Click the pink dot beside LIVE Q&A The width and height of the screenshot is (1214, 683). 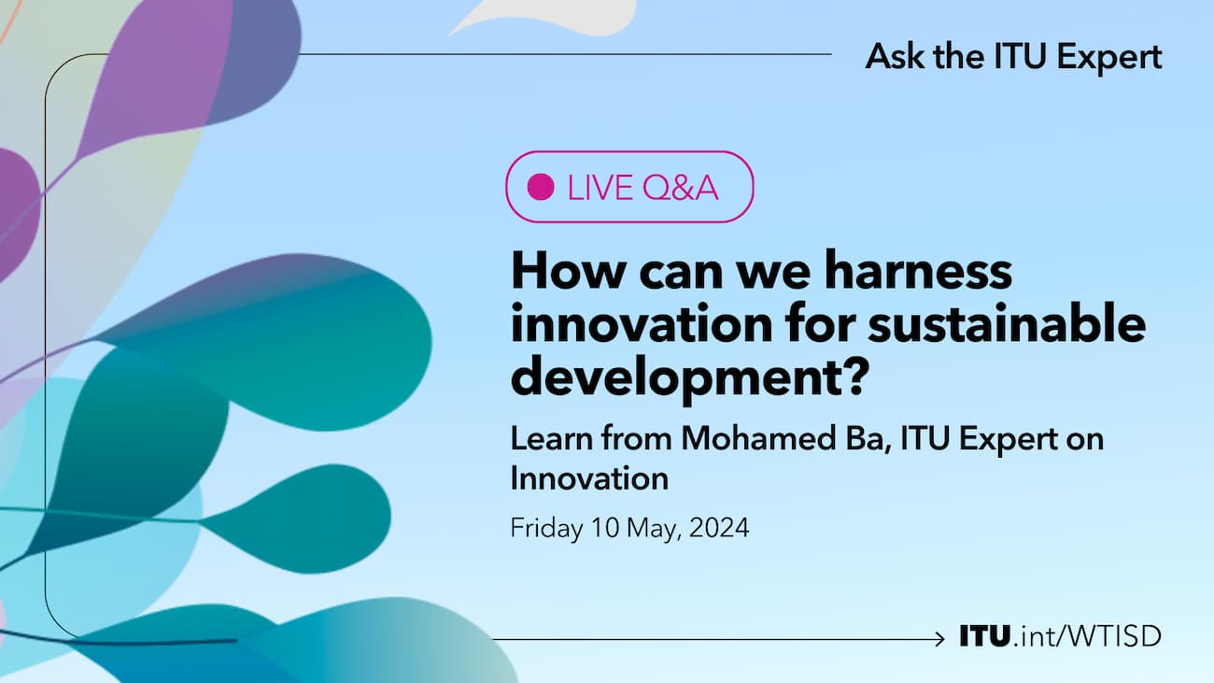pos(541,187)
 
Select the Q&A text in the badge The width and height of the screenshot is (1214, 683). pos(680,188)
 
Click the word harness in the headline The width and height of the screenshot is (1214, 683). pos(918,269)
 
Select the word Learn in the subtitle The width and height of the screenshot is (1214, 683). pos(552,439)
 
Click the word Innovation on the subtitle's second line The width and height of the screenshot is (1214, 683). pos(589,478)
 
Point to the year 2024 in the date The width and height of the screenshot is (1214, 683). pos(719,528)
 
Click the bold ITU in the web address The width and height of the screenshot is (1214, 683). pos(985,635)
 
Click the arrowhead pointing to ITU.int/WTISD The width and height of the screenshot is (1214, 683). pos(941,639)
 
